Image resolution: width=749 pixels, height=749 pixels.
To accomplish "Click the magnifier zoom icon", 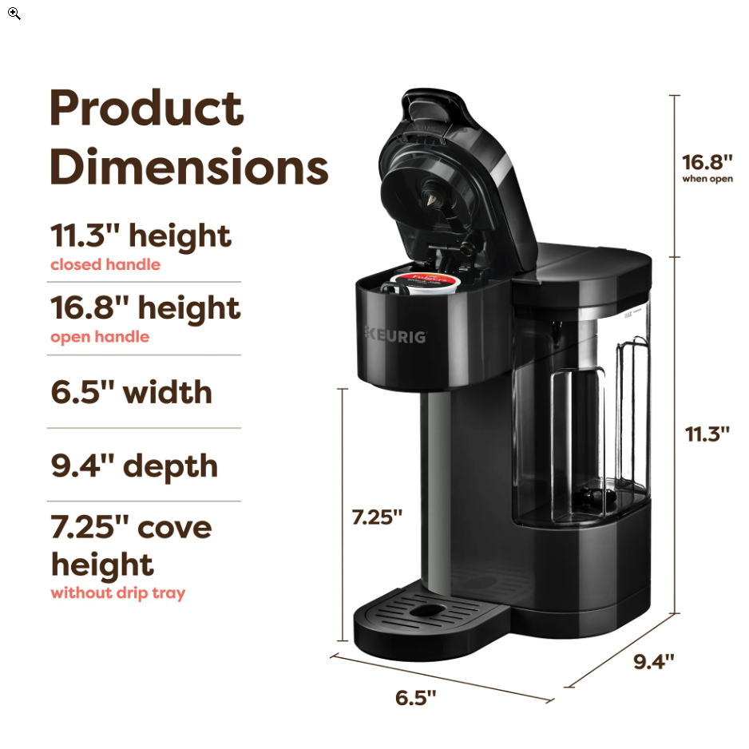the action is [14, 14].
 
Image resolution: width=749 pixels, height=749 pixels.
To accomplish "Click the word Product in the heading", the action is [147, 108].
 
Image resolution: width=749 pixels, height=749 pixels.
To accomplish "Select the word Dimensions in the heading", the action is [189, 167].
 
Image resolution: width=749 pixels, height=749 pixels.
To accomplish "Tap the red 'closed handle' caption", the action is [105, 264].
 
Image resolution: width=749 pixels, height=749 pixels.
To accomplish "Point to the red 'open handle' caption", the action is [100, 337].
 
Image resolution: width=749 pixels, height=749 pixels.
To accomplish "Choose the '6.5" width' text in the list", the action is [132, 392].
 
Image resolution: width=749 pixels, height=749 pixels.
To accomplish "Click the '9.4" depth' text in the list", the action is [134, 466].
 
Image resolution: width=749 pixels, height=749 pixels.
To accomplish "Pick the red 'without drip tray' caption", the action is [118, 592].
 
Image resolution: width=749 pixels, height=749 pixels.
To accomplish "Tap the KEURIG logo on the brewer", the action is [396, 335].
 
